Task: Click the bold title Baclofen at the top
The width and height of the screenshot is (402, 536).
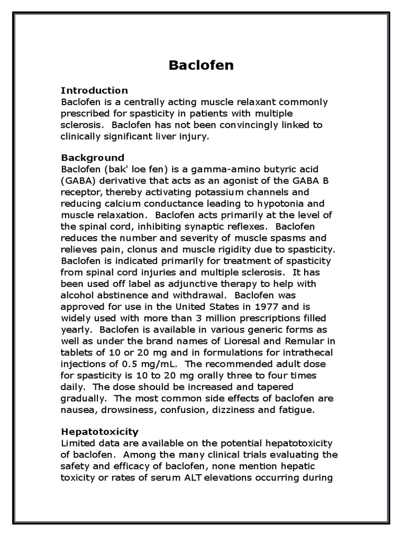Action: tap(201, 65)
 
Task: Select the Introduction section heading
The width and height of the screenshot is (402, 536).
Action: tap(94, 91)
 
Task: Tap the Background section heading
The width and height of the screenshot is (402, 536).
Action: tap(93, 158)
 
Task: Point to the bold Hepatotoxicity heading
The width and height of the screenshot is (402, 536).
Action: tap(100, 432)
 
